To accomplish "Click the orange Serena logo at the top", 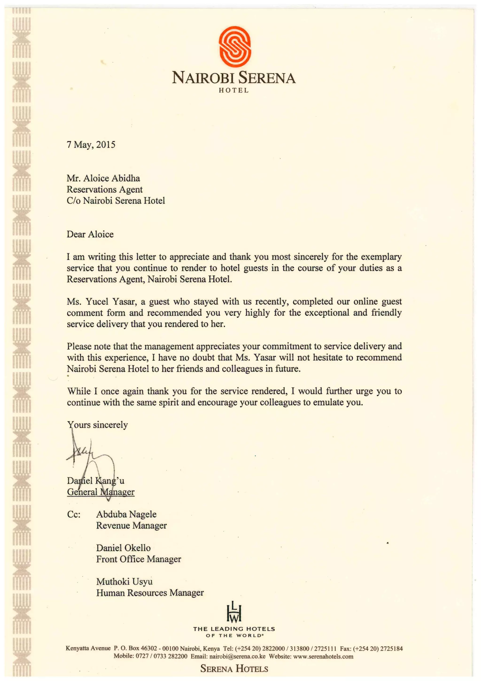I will [x=235, y=46].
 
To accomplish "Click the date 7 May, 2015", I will [x=91, y=145].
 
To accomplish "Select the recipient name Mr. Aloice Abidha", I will [x=103, y=178].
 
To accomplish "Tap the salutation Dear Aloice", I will [x=90, y=234].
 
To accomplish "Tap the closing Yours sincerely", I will [x=97, y=425].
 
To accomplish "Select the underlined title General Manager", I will [x=101, y=492].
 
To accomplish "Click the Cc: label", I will [x=74, y=515].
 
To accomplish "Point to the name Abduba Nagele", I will [x=126, y=514].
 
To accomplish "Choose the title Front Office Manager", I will [x=138, y=559].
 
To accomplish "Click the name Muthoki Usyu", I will [x=124, y=582].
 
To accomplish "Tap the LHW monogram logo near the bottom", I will [x=234, y=612].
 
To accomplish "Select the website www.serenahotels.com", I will [x=323, y=656].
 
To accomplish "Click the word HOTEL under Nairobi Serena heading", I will [x=234, y=91].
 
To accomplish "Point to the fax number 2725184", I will [x=391, y=649].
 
